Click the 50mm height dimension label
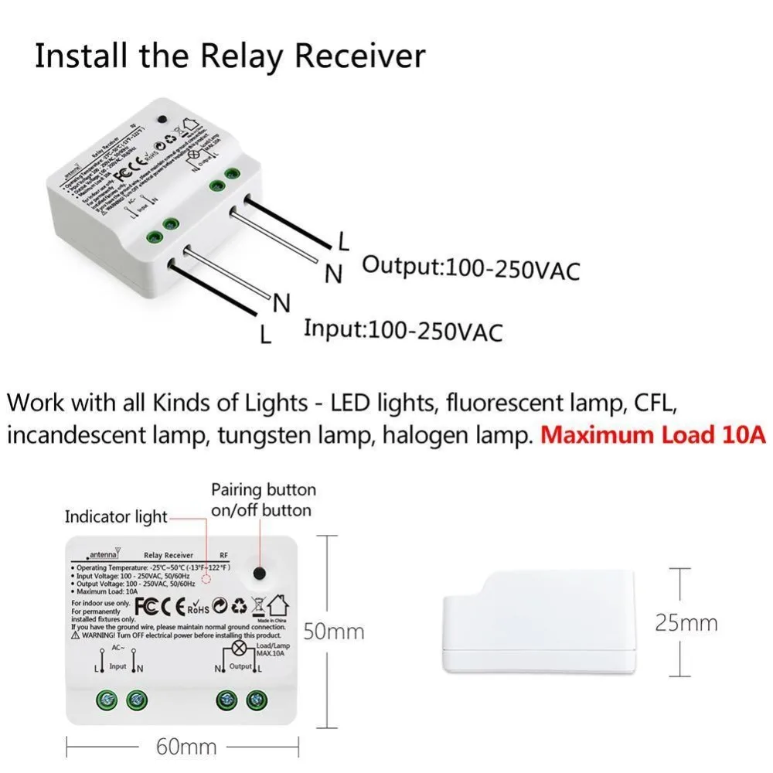332,632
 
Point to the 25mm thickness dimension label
686,623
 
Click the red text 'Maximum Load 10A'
653,434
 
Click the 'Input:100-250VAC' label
403,330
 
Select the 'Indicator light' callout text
116,516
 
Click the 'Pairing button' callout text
264,490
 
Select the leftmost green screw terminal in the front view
104,700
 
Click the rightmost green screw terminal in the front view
254,700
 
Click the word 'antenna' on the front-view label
102,555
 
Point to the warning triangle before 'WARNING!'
76,635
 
